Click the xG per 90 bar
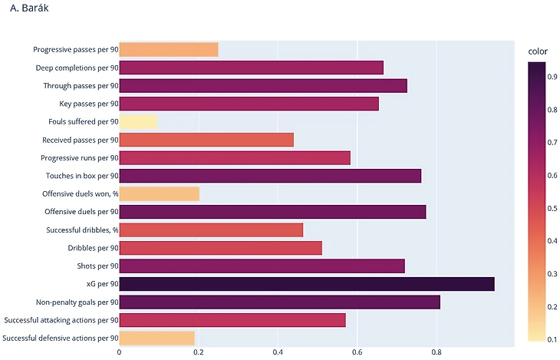coord(306,284)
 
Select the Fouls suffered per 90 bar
coord(137,122)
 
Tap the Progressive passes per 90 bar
coord(168,50)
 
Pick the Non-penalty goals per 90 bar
coord(279,302)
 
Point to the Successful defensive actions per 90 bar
coord(156,338)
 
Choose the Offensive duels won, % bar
coord(159,193)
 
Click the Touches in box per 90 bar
coord(270,176)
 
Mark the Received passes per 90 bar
coord(206,140)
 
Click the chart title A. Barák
coord(28,9)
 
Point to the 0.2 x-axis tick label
coord(199,352)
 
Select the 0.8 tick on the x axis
coord(436,352)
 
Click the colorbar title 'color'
coord(539,51)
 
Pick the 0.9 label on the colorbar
coord(554,78)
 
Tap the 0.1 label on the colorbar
coord(554,339)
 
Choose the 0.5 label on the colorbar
coord(554,209)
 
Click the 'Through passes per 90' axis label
coord(81,86)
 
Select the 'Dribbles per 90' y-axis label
coord(93,248)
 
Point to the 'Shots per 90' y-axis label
coord(98,266)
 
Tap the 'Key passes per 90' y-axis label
coord(89,104)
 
